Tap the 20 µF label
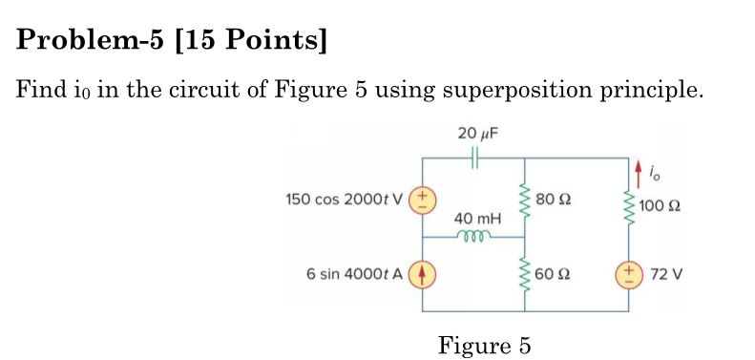pos(474,132)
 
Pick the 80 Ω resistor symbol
pos(523,200)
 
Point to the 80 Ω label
pos(553,200)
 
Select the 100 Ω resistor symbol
pos(629,204)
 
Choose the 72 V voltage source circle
pos(629,274)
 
